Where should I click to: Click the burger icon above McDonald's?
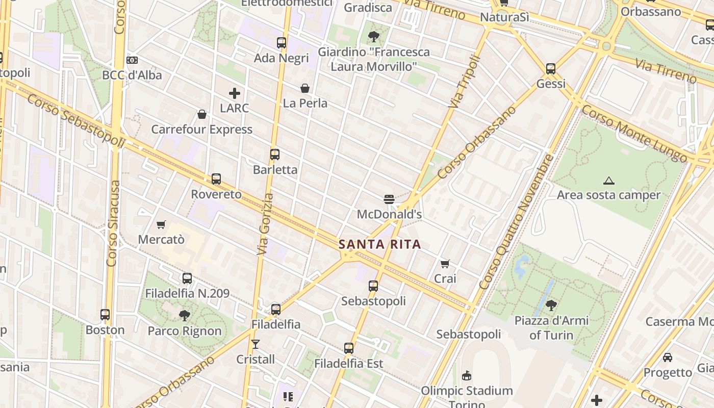click(x=389, y=199)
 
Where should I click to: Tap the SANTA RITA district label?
click(x=380, y=244)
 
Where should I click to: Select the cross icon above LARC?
click(x=235, y=93)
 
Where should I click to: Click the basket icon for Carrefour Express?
click(x=202, y=114)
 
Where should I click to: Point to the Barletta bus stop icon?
click(x=275, y=155)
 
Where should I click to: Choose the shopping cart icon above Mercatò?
click(x=161, y=224)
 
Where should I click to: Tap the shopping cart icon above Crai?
click(x=445, y=264)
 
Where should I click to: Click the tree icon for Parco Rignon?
click(x=185, y=316)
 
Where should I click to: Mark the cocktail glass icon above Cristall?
click(x=256, y=344)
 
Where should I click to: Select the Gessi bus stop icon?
click(x=551, y=68)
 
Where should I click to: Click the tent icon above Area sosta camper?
click(x=608, y=181)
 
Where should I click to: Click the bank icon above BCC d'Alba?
click(x=132, y=60)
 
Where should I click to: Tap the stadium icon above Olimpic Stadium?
click(x=466, y=376)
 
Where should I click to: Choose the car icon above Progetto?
click(x=668, y=358)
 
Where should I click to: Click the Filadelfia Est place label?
click(x=349, y=364)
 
